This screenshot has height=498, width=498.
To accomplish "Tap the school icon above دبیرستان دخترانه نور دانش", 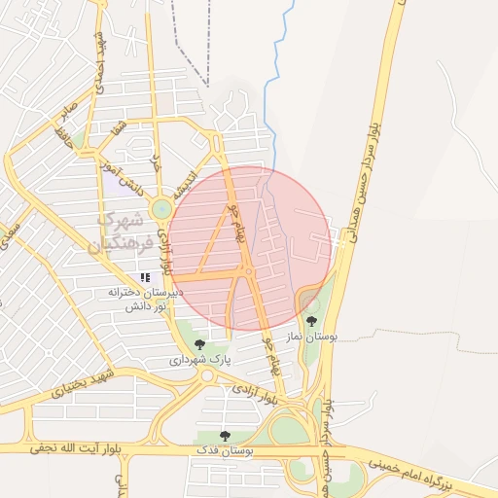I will point(146,278).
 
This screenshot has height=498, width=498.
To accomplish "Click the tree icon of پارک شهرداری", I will point(199,343).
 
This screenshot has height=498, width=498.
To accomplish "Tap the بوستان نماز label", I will point(310,336).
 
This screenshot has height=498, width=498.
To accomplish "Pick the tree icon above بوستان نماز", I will point(311,320).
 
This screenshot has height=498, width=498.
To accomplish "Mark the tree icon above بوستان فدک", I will point(225,436).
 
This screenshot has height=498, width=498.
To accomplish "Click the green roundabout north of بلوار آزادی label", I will point(161,207).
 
